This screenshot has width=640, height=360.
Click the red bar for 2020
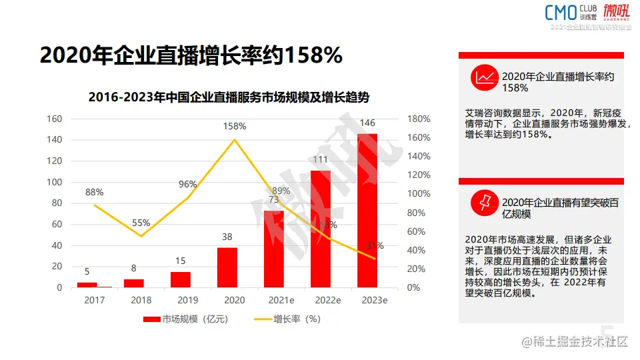pos(227,267)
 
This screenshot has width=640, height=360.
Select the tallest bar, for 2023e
pos(367,211)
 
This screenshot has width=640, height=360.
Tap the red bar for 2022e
pos(321,229)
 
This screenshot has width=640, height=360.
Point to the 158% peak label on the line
pos(235,126)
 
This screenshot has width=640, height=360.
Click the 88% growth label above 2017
pos(95,193)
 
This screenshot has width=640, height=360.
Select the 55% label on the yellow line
pos(141,223)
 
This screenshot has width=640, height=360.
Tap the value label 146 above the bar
pos(367,123)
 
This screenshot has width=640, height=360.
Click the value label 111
pos(321,159)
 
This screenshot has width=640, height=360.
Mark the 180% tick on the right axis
pos(419,119)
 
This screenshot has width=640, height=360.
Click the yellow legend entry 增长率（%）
pos(287,319)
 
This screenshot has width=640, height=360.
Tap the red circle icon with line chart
pos(485,78)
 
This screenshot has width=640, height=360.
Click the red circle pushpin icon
pos(485,202)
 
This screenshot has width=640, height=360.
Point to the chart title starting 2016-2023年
pos(229,97)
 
